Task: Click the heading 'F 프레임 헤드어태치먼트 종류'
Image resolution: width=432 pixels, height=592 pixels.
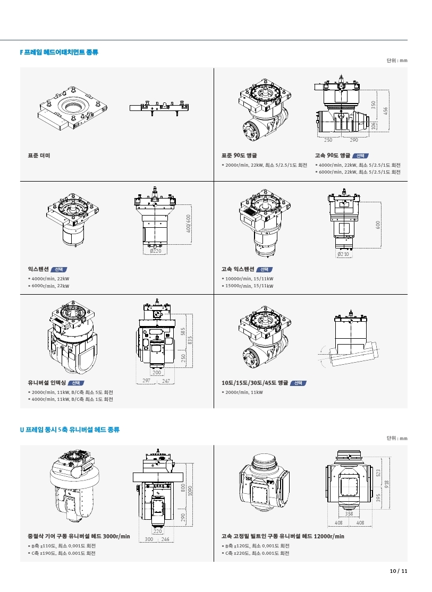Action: pyautogui.click(x=59, y=52)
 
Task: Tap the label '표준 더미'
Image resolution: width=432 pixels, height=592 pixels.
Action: pyautogui.click(x=39, y=156)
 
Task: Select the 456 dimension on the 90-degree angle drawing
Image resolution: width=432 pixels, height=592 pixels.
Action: pyautogui.click(x=385, y=110)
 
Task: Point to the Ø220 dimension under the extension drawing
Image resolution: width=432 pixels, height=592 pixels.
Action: pyautogui.click(x=155, y=251)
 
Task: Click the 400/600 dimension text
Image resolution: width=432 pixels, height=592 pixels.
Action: pyautogui.click(x=188, y=224)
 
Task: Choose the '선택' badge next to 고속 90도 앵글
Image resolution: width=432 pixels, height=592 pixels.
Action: pyautogui.click(x=360, y=156)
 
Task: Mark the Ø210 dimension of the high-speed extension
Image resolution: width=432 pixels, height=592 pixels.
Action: pyautogui.click(x=343, y=254)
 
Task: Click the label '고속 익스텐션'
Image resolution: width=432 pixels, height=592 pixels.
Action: pyautogui.click(x=238, y=269)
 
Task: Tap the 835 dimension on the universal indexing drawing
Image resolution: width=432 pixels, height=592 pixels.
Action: pyautogui.click(x=190, y=340)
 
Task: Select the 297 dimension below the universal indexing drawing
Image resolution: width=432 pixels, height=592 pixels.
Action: pyautogui.click(x=146, y=381)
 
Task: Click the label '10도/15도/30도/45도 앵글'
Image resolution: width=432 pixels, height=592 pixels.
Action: pyautogui.click(x=255, y=383)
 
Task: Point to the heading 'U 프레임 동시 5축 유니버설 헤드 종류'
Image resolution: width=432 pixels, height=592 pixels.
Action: pyautogui.click(x=70, y=430)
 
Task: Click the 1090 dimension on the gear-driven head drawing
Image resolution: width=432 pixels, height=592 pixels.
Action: pyautogui.click(x=190, y=491)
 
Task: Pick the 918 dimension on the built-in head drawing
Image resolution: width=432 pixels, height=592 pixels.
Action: pyautogui.click(x=386, y=484)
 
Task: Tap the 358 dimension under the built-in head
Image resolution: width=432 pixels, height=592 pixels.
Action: pyautogui.click(x=349, y=514)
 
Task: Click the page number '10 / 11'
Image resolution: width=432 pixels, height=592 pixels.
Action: pyautogui.click(x=399, y=571)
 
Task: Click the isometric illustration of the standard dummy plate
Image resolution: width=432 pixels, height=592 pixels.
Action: pyautogui.click(x=72, y=109)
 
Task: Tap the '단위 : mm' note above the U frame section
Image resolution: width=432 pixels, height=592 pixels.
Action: pyautogui.click(x=397, y=439)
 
